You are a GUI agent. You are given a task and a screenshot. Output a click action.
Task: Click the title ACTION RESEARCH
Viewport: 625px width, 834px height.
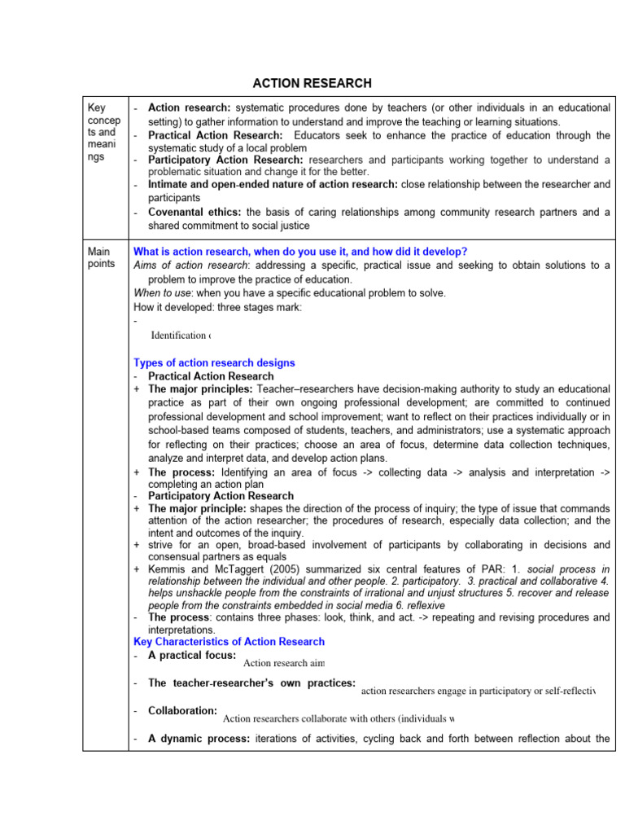pos(312,83)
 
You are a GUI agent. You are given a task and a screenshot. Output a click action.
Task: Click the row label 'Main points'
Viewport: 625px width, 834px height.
pos(103,257)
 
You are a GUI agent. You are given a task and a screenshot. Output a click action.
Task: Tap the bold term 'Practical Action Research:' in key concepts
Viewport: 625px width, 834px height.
pos(215,135)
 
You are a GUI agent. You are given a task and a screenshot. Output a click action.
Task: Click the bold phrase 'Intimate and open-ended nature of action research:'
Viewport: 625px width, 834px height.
pos(273,185)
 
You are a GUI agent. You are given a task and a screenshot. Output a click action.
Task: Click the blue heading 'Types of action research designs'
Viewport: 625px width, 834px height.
pos(214,362)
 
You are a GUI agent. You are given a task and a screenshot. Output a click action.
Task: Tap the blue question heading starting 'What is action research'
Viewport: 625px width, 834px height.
pos(300,252)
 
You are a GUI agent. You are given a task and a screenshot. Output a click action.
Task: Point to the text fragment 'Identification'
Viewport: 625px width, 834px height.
pos(178,336)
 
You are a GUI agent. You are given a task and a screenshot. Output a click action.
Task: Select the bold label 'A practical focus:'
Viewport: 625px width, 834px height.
pos(192,656)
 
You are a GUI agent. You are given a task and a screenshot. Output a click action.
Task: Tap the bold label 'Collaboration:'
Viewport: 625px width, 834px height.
pos(182,711)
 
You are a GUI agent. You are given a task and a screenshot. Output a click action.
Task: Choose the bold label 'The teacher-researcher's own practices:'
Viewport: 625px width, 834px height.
pos(251,683)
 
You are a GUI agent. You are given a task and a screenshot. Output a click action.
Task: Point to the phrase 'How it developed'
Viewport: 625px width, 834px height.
pos(173,307)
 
